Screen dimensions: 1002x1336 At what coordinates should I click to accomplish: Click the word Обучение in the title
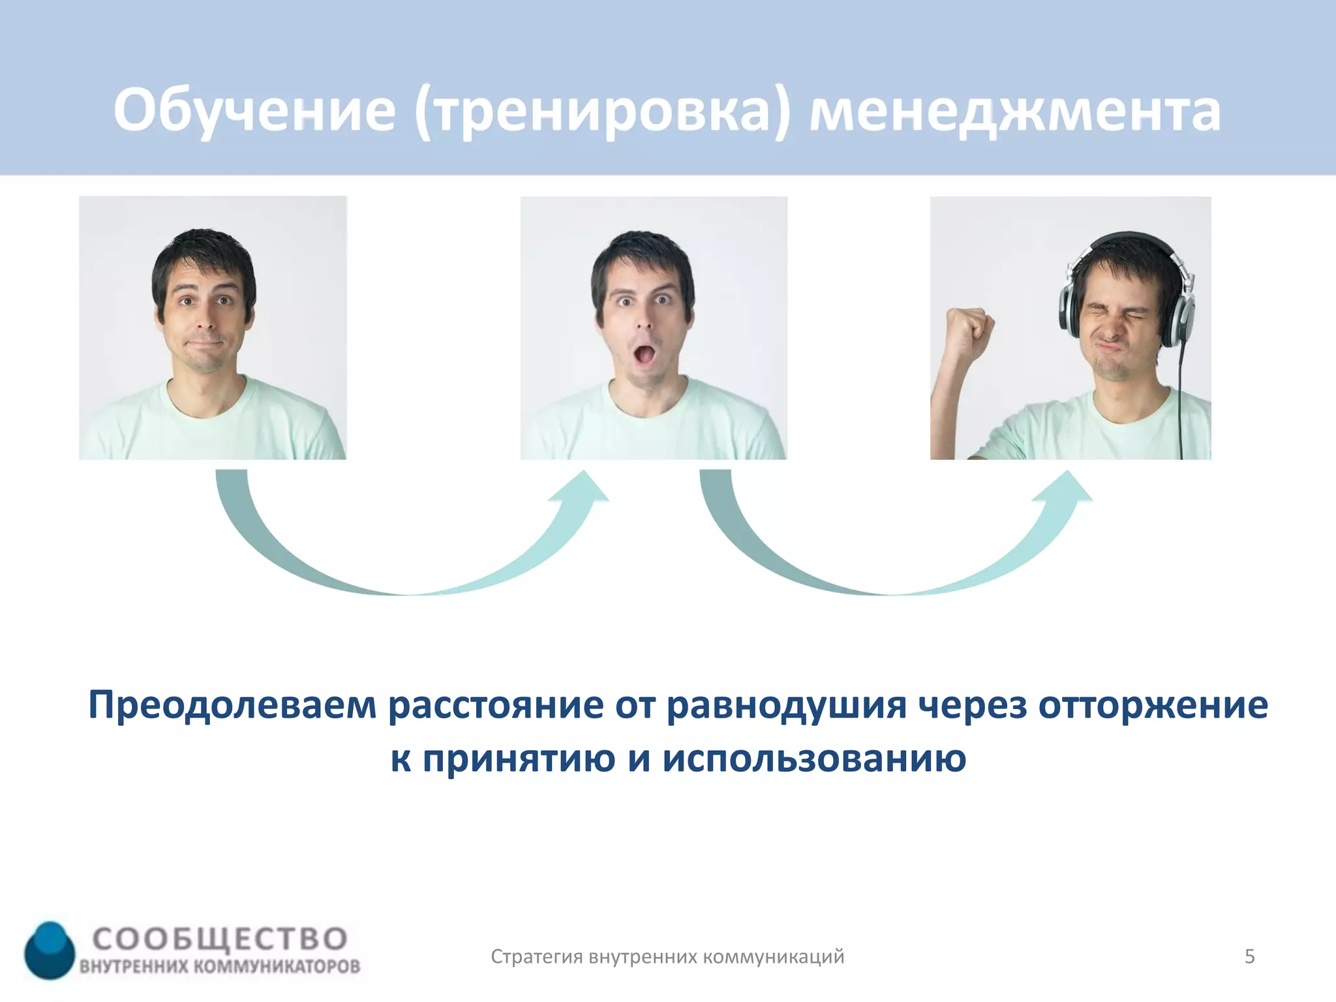click(254, 111)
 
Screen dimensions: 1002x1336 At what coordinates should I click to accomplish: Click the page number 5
click(1249, 956)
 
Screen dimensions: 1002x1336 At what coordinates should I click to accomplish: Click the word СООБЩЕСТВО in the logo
click(220, 939)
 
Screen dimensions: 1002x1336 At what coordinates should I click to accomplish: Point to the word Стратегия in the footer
click(536, 957)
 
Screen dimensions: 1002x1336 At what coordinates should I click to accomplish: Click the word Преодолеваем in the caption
click(232, 706)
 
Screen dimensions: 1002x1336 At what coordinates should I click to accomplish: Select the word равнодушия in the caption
click(786, 706)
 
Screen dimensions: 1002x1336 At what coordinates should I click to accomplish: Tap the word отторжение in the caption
click(1153, 706)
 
